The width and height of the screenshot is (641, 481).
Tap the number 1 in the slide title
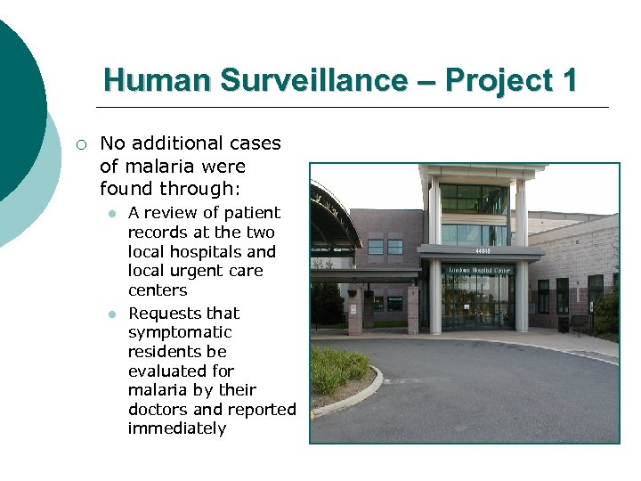tap(568, 81)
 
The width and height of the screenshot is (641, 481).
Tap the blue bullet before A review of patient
tap(112, 214)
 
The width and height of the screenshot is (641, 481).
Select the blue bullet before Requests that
tap(112, 314)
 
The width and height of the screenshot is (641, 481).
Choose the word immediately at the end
tap(177, 428)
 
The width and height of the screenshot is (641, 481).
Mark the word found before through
tap(127, 189)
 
